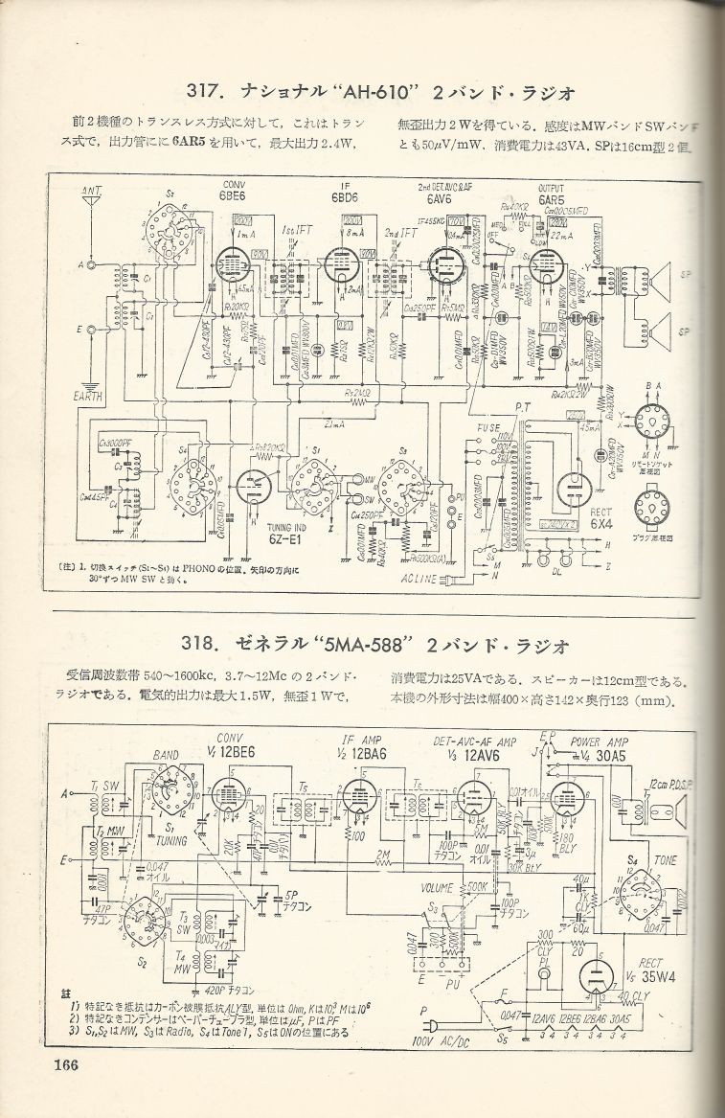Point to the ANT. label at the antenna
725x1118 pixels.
(x=92, y=190)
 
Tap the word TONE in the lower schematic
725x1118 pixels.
(x=664, y=860)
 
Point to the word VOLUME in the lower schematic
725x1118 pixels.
(x=442, y=888)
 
